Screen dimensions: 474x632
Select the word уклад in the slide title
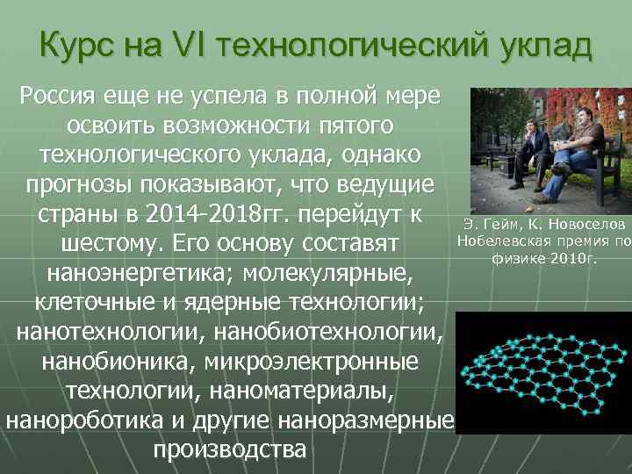pyautogui.click(x=544, y=45)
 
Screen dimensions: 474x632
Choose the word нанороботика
pyautogui.click(x=83, y=421)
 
